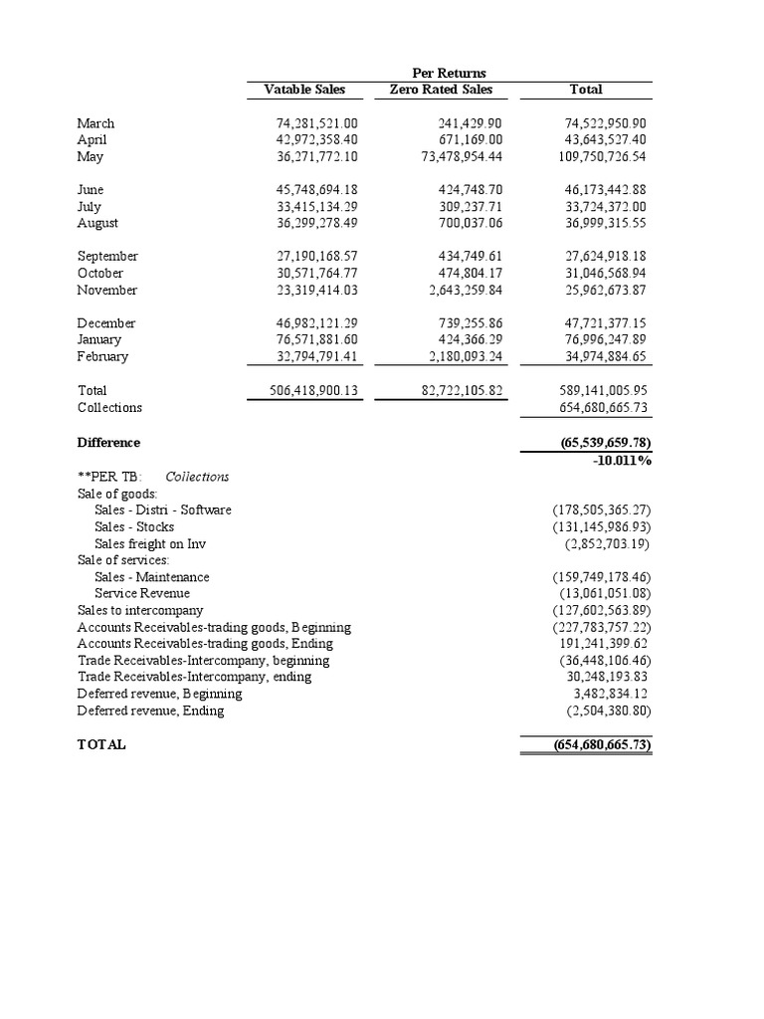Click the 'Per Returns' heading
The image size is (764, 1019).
coord(448,73)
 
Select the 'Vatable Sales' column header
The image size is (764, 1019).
coord(304,90)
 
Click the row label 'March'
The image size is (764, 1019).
coord(95,123)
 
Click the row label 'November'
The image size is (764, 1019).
coord(107,291)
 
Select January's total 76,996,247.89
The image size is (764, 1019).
coord(606,340)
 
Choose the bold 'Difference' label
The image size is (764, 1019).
coord(108,443)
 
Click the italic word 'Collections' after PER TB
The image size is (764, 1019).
coord(197,477)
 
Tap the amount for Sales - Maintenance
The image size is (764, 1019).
coord(602,577)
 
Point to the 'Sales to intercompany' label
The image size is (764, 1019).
coord(140,611)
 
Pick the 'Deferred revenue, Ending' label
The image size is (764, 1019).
coord(150,712)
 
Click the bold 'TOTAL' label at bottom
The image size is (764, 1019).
coord(101,745)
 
